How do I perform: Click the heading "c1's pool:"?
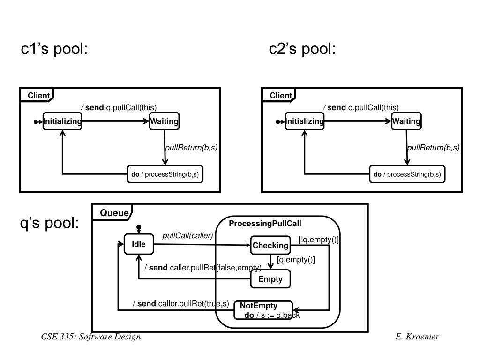click(54, 49)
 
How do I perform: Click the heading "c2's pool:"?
click(302, 49)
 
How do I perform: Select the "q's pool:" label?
click(49, 224)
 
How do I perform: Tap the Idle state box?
click(139, 244)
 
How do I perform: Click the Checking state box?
click(270, 245)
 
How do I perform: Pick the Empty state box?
click(270, 279)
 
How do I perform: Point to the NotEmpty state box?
click(263, 309)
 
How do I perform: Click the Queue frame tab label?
click(114, 213)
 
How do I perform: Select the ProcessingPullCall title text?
click(265, 224)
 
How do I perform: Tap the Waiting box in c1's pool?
click(164, 121)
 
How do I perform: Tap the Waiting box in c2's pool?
click(406, 121)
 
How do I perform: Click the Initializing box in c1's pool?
click(62, 121)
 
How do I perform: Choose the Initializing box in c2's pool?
click(305, 121)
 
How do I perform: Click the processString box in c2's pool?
click(407, 174)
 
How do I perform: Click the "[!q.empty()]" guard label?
click(318, 240)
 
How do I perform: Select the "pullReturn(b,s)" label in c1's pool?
click(191, 148)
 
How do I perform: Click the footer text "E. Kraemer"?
click(417, 337)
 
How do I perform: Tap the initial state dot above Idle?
click(139, 228)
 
